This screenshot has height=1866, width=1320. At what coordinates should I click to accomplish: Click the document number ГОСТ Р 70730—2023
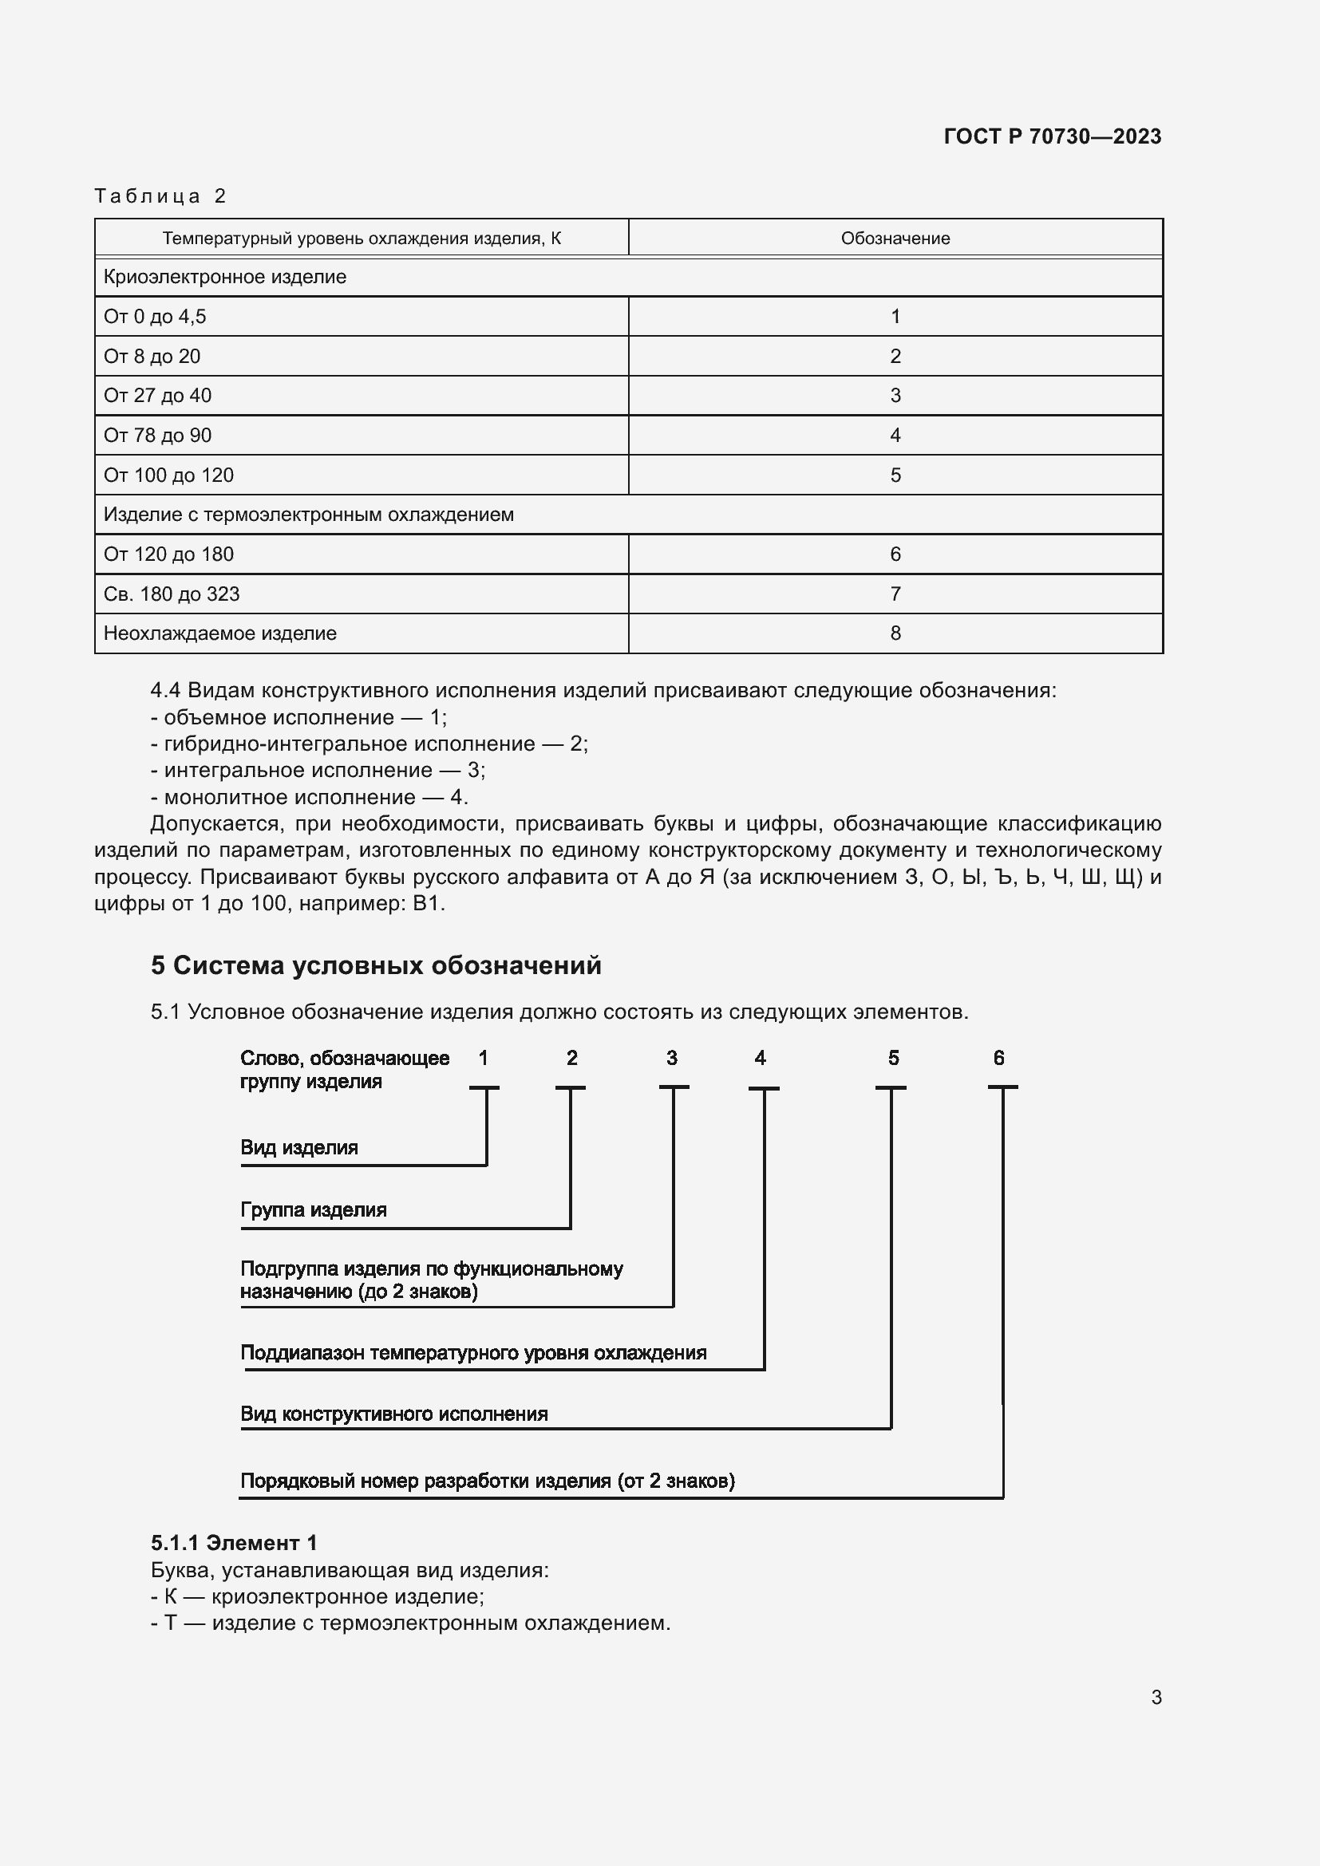click(1052, 136)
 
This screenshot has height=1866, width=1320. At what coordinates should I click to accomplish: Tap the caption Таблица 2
click(160, 196)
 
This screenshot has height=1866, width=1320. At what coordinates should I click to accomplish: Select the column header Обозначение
click(895, 238)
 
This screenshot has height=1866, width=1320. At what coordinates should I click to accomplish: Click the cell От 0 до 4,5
click(155, 317)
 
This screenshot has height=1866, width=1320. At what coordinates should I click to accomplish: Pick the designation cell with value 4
click(895, 436)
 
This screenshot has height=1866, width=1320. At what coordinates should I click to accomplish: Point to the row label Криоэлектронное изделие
click(224, 277)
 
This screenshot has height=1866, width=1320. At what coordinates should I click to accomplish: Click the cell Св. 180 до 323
click(172, 594)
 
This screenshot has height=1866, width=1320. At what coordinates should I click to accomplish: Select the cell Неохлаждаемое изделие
click(219, 633)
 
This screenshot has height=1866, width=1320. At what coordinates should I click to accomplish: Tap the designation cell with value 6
click(895, 554)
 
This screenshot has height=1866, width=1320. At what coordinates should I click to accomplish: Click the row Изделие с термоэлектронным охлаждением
click(308, 515)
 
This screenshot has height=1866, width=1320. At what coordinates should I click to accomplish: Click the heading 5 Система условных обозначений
click(376, 965)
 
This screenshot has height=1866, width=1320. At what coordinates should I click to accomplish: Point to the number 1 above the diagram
click(484, 1058)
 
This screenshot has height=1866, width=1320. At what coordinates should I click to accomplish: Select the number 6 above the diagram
click(999, 1058)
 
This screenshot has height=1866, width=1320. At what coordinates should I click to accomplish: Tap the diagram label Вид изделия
click(299, 1147)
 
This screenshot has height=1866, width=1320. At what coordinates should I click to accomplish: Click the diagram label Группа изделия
click(313, 1209)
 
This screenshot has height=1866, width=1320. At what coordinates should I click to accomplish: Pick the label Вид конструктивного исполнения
click(393, 1414)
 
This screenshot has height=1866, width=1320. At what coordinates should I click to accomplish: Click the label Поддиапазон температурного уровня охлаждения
click(473, 1352)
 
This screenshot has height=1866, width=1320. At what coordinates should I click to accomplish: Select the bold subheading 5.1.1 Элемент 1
click(234, 1543)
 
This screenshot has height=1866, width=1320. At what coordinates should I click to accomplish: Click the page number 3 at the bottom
click(1156, 1697)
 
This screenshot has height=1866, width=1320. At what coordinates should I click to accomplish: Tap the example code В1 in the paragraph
click(428, 904)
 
